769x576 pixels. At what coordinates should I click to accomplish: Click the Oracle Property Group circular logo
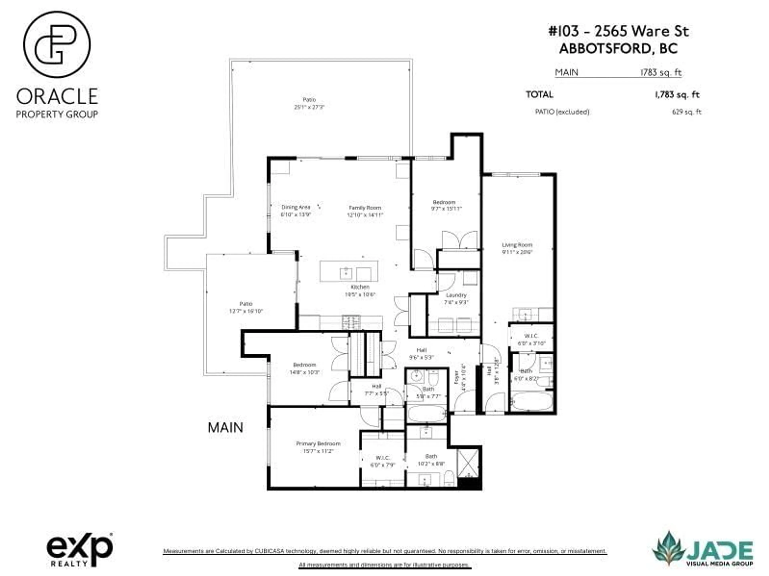click(x=57, y=44)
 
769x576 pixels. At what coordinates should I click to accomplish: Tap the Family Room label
click(x=365, y=208)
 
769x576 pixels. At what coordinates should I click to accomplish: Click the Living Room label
click(x=517, y=245)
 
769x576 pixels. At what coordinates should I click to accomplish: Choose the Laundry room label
click(x=456, y=295)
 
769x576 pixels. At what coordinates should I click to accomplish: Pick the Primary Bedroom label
click(x=318, y=444)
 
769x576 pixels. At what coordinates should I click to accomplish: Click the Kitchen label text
click(x=360, y=287)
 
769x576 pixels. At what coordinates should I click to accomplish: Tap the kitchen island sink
click(x=346, y=273)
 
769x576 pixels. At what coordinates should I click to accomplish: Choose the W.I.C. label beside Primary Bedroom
click(x=382, y=458)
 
